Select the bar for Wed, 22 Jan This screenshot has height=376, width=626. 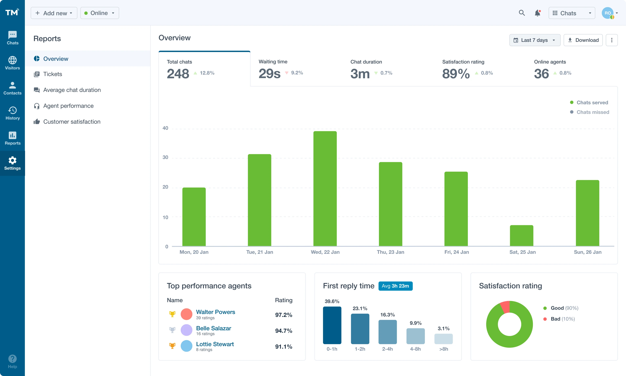(x=325, y=189)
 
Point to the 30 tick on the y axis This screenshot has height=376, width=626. (x=165, y=157)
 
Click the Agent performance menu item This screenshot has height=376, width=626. (x=68, y=106)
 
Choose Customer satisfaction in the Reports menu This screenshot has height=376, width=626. (x=72, y=122)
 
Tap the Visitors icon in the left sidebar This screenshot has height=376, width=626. (x=12, y=63)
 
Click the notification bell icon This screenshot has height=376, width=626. (x=537, y=13)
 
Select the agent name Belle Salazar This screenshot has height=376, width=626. (x=213, y=328)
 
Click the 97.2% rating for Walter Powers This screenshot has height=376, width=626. (x=284, y=315)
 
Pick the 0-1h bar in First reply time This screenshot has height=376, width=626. (x=332, y=325)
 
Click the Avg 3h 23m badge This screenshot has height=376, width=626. (x=395, y=286)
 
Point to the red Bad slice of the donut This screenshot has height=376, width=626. (x=505, y=307)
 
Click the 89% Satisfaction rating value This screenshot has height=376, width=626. (x=456, y=74)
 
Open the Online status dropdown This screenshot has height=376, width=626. (x=99, y=13)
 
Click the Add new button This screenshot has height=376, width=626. (x=54, y=13)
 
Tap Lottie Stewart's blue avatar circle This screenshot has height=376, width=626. (x=186, y=346)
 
